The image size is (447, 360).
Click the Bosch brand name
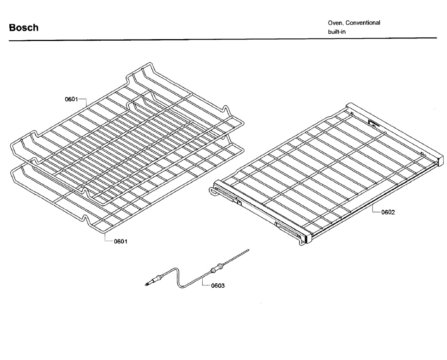pyautogui.click(x=23, y=28)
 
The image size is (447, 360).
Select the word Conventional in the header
pyautogui.click(x=363, y=23)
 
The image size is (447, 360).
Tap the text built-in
pyautogui.click(x=337, y=32)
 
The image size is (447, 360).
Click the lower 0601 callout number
pyautogui.click(x=120, y=241)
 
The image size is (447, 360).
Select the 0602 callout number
pyautogui.click(x=388, y=212)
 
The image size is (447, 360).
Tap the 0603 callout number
pyautogui.click(x=218, y=286)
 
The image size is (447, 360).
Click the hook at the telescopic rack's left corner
pyautogui.click(x=212, y=192)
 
